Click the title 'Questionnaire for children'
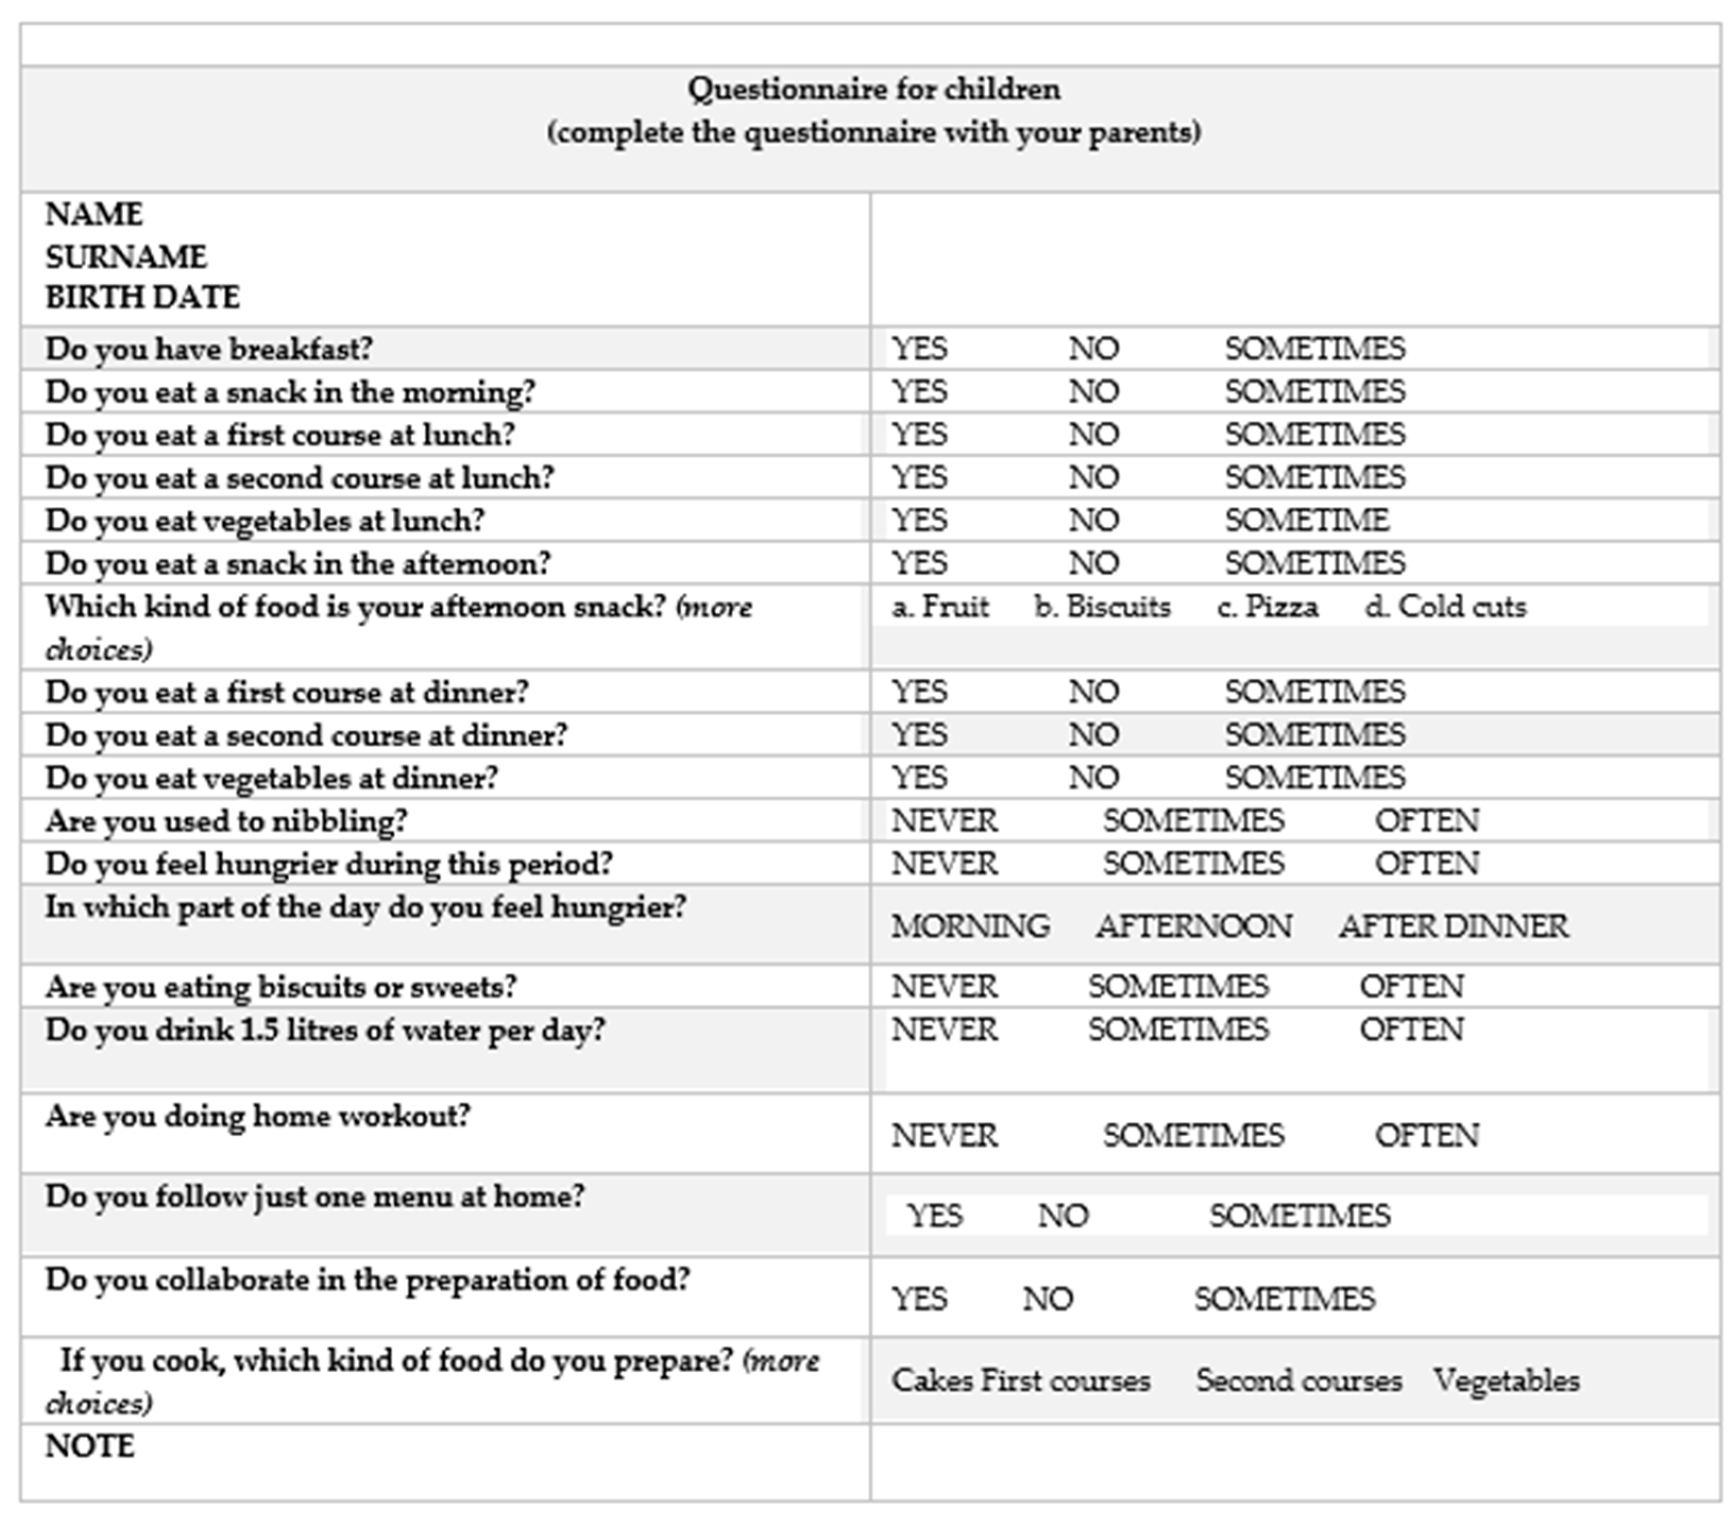[x=873, y=89]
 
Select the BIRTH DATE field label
[x=142, y=298]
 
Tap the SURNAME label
[x=125, y=256]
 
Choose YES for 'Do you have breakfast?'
[x=919, y=349]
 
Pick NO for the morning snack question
[x=1093, y=392]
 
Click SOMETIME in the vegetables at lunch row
[x=1306, y=520]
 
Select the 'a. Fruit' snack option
[x=940, y=607]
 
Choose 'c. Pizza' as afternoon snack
[x=1267, y=607]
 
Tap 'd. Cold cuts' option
[x=1445, y=607]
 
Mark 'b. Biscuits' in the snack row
[x=1102, y=607]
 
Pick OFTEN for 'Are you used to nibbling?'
[x=1427, y=820]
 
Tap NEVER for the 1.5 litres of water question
[x=944, y=1030]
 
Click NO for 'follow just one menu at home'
[x=1063, y=1216]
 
